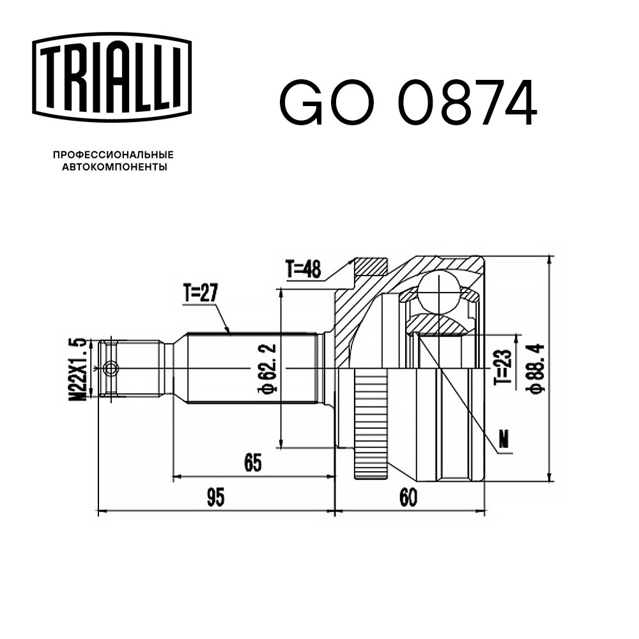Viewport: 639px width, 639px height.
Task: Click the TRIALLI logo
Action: pos(112,77)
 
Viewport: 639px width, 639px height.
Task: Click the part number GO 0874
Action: pos(408,103)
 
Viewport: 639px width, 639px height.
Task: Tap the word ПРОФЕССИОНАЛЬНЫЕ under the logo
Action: pos(113,155)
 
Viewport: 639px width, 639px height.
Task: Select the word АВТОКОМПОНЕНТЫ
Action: pos(114,167)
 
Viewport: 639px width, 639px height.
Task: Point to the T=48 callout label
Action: pos(303,269)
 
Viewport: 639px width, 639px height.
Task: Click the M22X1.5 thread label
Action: pos(77,369)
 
